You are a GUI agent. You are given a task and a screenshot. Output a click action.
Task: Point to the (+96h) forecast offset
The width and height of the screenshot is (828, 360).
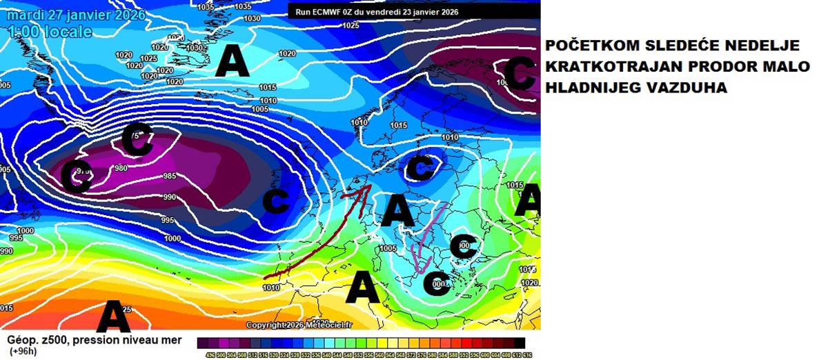click(23, 350)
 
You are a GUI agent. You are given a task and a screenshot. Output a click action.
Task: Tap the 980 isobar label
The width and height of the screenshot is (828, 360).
click(121, 168)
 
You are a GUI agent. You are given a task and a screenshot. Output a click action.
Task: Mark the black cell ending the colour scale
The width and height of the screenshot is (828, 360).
click(520, 342)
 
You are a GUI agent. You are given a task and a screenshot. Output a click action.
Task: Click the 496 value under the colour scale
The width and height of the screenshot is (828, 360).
click(210, 354)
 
